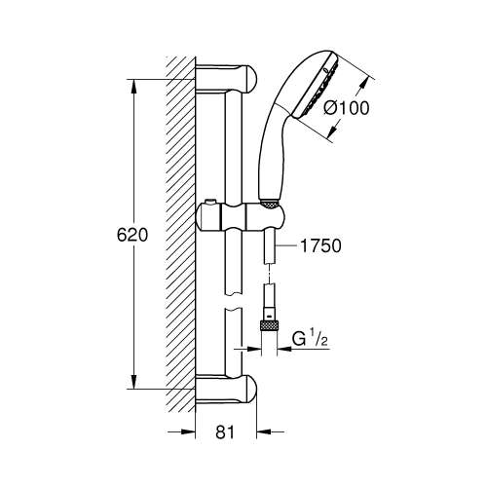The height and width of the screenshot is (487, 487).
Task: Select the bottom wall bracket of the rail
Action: [229, 390]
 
